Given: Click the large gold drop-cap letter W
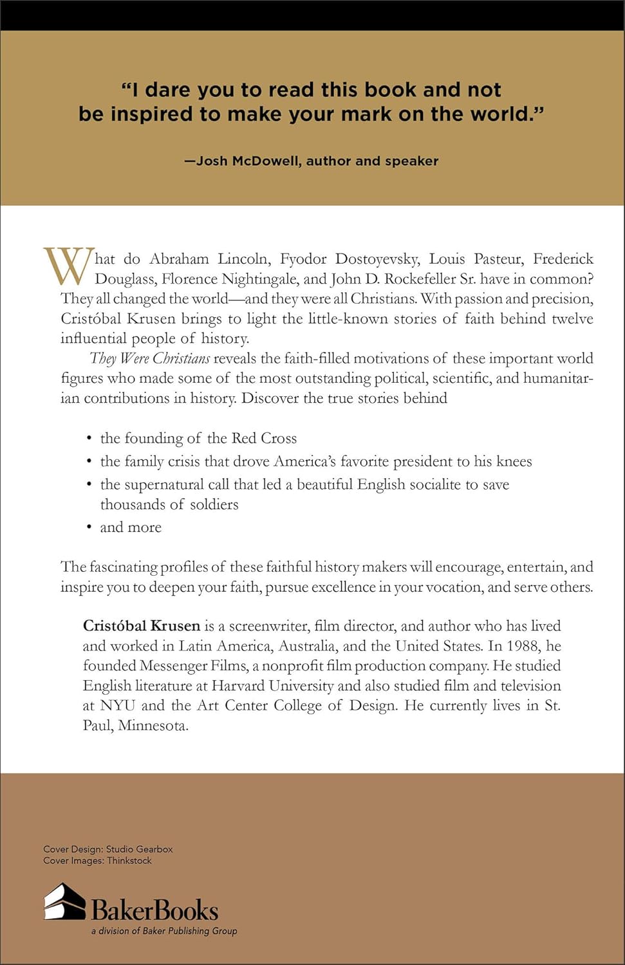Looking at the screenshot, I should (x=69, y=266).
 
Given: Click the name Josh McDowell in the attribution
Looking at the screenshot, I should (x=248, y=161).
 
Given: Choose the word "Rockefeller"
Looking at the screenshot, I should (x=420, y=279).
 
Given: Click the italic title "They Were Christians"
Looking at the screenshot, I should (x=149, y=358).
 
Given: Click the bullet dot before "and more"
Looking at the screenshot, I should (x=89, y=528).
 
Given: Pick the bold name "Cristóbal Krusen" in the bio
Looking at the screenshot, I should (x=142, y=626).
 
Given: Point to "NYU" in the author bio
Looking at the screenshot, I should (x=118, y=706).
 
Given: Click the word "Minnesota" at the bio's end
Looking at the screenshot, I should (x=153, y=726).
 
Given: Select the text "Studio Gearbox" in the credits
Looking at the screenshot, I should (x=139, y=849).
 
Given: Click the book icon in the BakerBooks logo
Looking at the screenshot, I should (x=64, y=902).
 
